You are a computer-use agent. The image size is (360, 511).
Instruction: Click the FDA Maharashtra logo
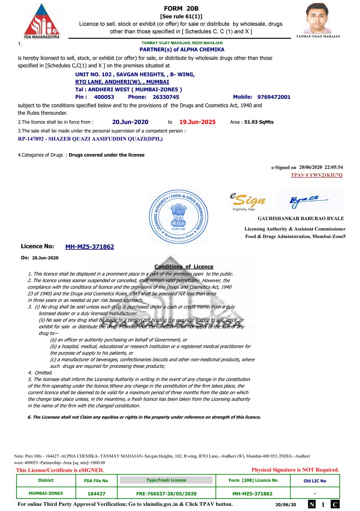click(42, 21)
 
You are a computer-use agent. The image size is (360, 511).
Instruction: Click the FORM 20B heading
click(181, 8)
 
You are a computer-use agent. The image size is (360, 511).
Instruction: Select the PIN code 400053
click(104, 97)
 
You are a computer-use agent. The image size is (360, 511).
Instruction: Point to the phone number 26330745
click(166, 97)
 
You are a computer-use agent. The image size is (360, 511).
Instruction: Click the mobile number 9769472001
click(274, 97)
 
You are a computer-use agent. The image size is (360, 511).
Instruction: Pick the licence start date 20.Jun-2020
click(130, 122)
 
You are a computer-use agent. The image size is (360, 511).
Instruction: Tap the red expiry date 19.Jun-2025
click(197, 122)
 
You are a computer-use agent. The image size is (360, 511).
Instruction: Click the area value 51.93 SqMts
click(259, 122)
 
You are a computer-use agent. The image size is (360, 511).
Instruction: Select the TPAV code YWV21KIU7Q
click(317, 175)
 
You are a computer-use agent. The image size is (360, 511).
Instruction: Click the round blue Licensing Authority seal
click(179, 217)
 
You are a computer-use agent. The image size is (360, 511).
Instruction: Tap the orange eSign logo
click(248, 201)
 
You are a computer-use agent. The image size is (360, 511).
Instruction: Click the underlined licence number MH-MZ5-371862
click(90, 247)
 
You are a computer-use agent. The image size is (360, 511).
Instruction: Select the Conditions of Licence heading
click(184, 267)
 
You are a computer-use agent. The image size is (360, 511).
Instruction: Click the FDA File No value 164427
click(96, 494)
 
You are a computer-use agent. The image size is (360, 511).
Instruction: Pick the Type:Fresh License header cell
click(166, 480)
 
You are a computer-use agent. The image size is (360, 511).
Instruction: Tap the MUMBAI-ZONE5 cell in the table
click(46, 493)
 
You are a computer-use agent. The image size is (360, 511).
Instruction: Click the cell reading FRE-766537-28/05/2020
click(166, 494)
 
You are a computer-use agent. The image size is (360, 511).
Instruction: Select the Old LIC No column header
click(315, 481)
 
